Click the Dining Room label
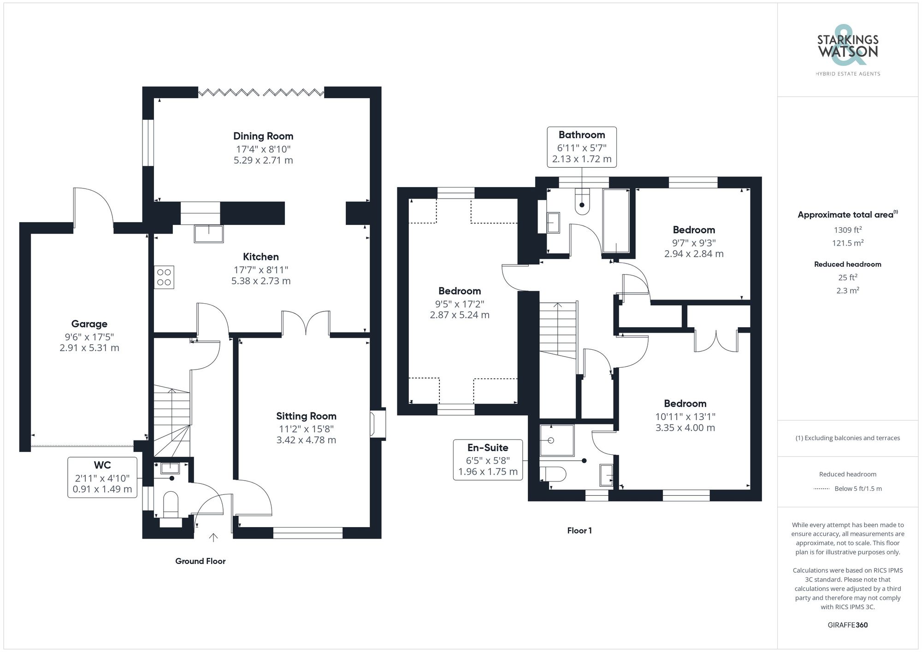pos(263,136)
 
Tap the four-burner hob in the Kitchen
pos(164,277)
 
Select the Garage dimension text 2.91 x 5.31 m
pos(89,348)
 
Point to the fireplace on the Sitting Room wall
pos(377,423)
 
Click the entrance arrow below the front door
pos(213,537)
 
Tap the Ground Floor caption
pos(200,561)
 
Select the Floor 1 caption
pos(579,530)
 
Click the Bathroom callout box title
pos(581,135)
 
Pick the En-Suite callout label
pos(487,447)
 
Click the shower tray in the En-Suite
pos(557,440)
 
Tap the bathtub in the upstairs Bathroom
pos(616,221)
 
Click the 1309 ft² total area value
pos(847,229)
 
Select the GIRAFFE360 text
pos(847,625)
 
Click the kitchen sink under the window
pos(208,234)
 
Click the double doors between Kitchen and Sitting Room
pos(306,323)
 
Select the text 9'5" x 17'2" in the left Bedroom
pos(459,304)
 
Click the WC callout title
pos(102,465)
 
